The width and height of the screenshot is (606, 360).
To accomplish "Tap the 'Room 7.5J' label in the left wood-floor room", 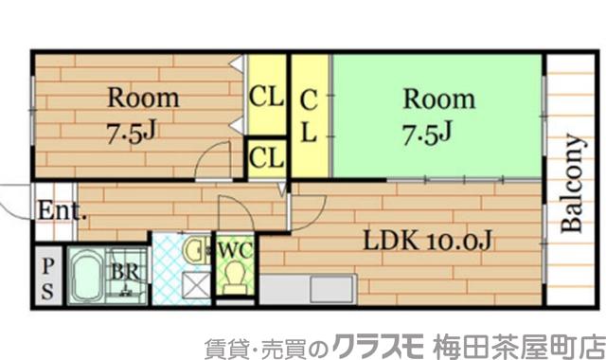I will [141, 114].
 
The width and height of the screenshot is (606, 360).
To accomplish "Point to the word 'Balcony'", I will [573, 186].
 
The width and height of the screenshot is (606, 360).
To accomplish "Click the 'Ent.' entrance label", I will [62, 211].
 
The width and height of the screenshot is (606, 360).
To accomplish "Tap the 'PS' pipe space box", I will [47, 276].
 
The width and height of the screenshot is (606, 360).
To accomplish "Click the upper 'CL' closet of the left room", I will [267, 96].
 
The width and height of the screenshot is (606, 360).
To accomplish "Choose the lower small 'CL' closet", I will [267, 157].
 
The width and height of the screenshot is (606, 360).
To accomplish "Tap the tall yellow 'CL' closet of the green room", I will [309, 115].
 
